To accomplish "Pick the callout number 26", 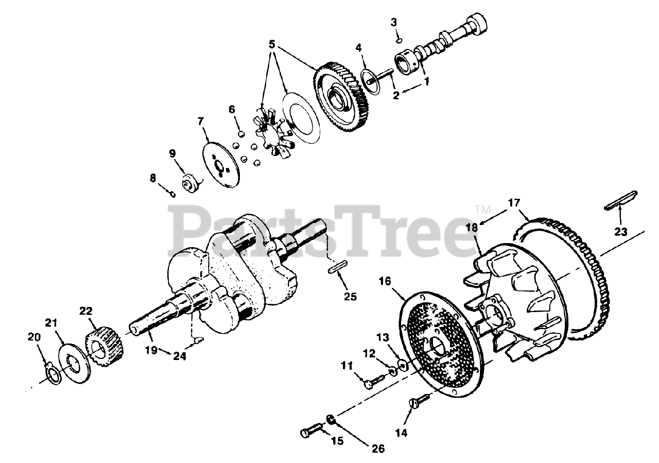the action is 378,449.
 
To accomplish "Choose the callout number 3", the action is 394,22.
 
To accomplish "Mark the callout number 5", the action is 273,43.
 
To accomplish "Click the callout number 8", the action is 153,178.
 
